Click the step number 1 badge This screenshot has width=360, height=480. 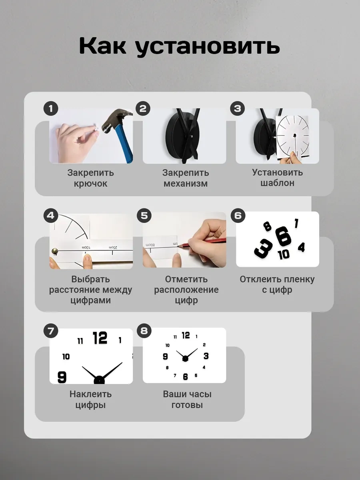tap(51, 109)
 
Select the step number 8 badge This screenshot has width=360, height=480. tap(144, 331)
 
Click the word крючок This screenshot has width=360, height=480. tap(90, 183)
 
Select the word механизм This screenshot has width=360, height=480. tap(186, 183)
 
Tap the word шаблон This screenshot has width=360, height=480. tap(277, 183)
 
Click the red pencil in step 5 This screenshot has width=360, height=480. tap(202, 243)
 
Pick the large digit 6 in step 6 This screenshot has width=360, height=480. tap(283, 237)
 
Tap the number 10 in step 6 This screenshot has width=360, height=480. tap(284, 254)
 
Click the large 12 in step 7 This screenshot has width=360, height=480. tap(100, 338)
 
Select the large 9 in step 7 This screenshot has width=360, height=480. tap(62, 377)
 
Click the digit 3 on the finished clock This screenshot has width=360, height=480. tap(206, 356)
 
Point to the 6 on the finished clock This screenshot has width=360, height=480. tap(185, 376)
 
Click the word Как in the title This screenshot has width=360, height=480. tap(102, 46)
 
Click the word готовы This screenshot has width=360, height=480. tap(187, 405)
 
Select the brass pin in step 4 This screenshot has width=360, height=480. tap(55, 251)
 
